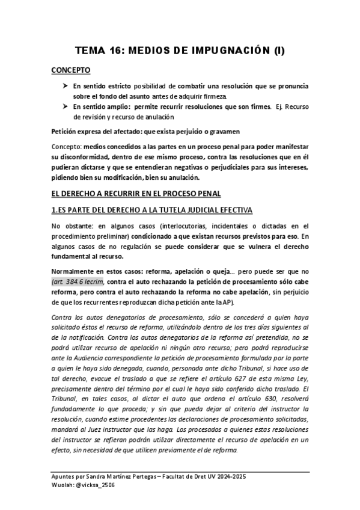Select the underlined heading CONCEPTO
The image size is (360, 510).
click(71, 70)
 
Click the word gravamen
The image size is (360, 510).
click(215, 131)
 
